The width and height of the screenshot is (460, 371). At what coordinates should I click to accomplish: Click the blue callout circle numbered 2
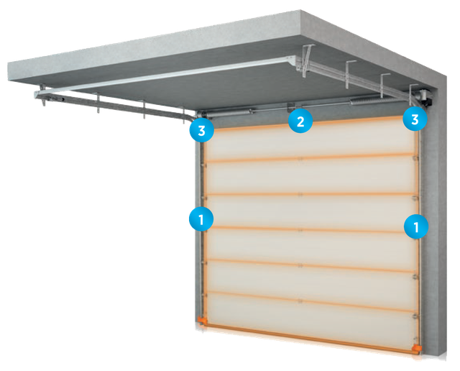pyautogui.click(x=300, y=121)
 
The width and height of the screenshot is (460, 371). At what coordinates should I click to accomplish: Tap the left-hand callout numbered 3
pyautogui.click(x=201, y=131)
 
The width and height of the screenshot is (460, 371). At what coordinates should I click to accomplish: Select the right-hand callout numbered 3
pyautogui.click(x=414, y=119)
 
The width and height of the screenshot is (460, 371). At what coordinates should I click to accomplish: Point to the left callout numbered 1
pyautogui.click(x=201, y=219)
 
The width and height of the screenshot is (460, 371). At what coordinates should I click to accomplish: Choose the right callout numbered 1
pyautogui.click(x=415, y=226)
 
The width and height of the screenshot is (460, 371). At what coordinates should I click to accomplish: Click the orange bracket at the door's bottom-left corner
pyautogui.click(x=203, y=320)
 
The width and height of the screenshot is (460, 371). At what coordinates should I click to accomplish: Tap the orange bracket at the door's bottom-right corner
pyautogui.click(x=416, y=349)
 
